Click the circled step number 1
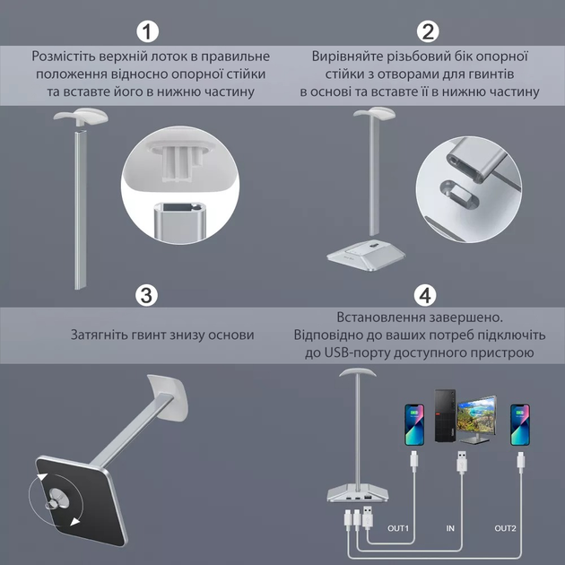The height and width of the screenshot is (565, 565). coord(147,31)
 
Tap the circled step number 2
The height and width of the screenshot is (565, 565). coord(428,31)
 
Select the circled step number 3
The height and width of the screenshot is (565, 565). coord(146,295)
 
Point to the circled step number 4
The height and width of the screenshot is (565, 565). coord(426,295)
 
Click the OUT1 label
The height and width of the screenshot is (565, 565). coord(398,528)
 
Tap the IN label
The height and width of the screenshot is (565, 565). coord(450,528)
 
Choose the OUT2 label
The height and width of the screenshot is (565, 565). coord(505,528)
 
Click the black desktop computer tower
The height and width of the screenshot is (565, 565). coord(446,415)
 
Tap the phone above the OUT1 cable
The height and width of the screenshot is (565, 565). coord(414,425)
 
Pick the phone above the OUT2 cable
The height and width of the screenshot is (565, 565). coord(520,425)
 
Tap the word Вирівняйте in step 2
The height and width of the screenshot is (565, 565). coord(347,56)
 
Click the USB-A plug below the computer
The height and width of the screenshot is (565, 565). coord(462,462)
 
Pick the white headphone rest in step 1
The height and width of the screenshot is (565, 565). coord(81,116)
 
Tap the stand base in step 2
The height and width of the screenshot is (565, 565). coord(366,255)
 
